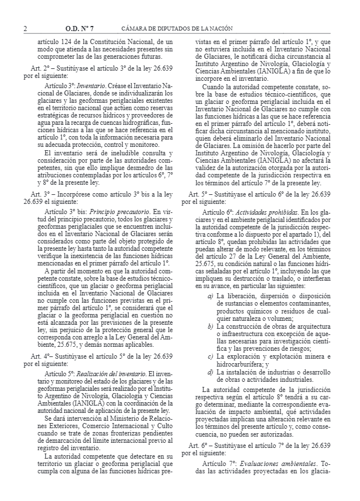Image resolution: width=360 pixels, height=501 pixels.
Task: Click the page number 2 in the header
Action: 25,29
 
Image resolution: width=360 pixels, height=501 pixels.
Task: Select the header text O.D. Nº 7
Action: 80,29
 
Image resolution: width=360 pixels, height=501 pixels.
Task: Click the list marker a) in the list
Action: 210,312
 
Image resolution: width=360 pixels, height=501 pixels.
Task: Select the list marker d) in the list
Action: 210,371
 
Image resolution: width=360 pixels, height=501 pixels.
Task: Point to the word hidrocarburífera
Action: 242,363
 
